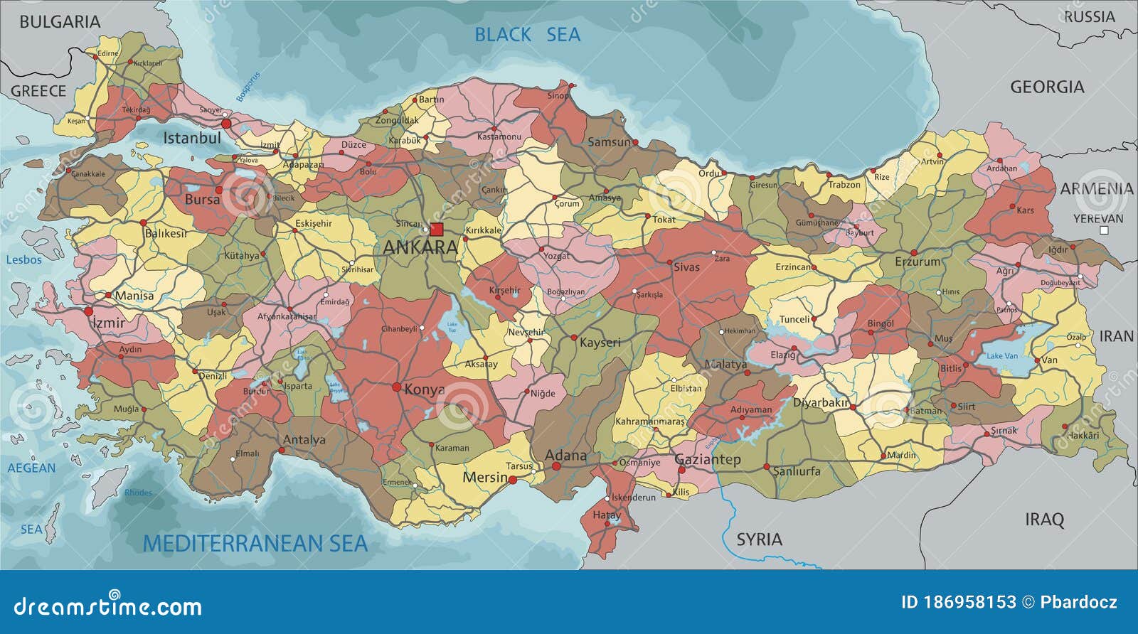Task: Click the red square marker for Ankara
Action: (x=436, y=229)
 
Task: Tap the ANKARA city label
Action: (x=420, y=247)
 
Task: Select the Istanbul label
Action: (x=191, y=138)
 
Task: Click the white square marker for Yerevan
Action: (x=1104, y=230)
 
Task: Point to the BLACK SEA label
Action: (x=527, y=34)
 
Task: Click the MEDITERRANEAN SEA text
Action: (x=255, y=544)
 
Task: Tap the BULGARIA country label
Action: (x=60, y=22)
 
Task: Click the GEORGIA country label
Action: (x=1047, y=87)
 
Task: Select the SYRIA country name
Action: (x=759, y=539)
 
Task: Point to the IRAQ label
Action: (x=1044, y=520)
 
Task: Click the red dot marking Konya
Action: (x=396, y=387)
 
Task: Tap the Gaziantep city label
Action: (x=707, y=460)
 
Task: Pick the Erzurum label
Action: (x=917, y=262)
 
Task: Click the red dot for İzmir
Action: (x=89, y=311)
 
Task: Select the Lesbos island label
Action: (x=24, y=260)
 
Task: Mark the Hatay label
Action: (x=606, y=515)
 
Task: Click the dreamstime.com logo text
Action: (x=108, y=606)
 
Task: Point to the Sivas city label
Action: (x=686, y=267)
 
